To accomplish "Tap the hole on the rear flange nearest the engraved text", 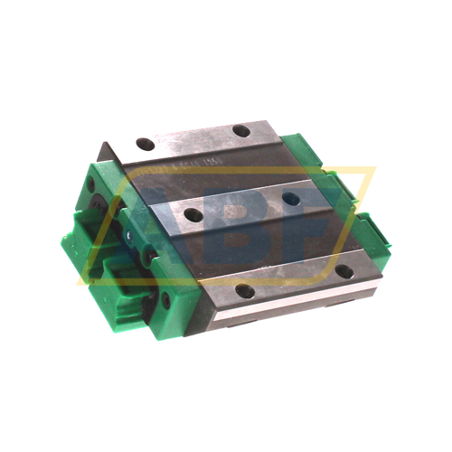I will tap(145, 144).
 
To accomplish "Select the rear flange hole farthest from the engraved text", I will tap(241, 131).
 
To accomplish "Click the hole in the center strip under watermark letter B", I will tap(192, 214).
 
